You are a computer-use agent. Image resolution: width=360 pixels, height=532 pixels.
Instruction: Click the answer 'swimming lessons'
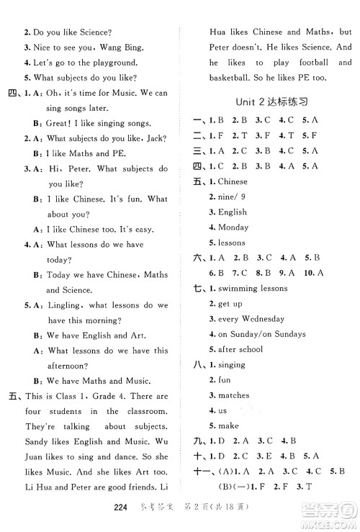(253, 289)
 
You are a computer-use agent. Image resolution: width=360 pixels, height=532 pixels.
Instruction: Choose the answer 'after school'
(240, 349)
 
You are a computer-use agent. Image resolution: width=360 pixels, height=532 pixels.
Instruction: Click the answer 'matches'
(233, 395)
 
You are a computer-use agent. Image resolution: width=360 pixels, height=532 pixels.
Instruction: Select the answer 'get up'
(230, 304)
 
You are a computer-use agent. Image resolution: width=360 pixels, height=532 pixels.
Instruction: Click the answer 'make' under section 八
(228, 425)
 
